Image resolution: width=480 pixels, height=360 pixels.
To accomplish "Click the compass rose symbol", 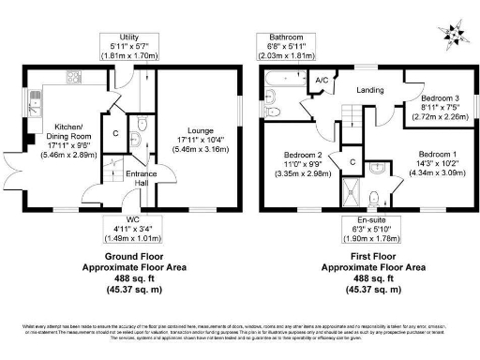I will [x=456, y=36].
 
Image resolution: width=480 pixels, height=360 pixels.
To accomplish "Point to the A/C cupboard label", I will [x=322, y=81].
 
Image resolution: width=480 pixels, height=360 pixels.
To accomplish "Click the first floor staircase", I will [x=350, y=122].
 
